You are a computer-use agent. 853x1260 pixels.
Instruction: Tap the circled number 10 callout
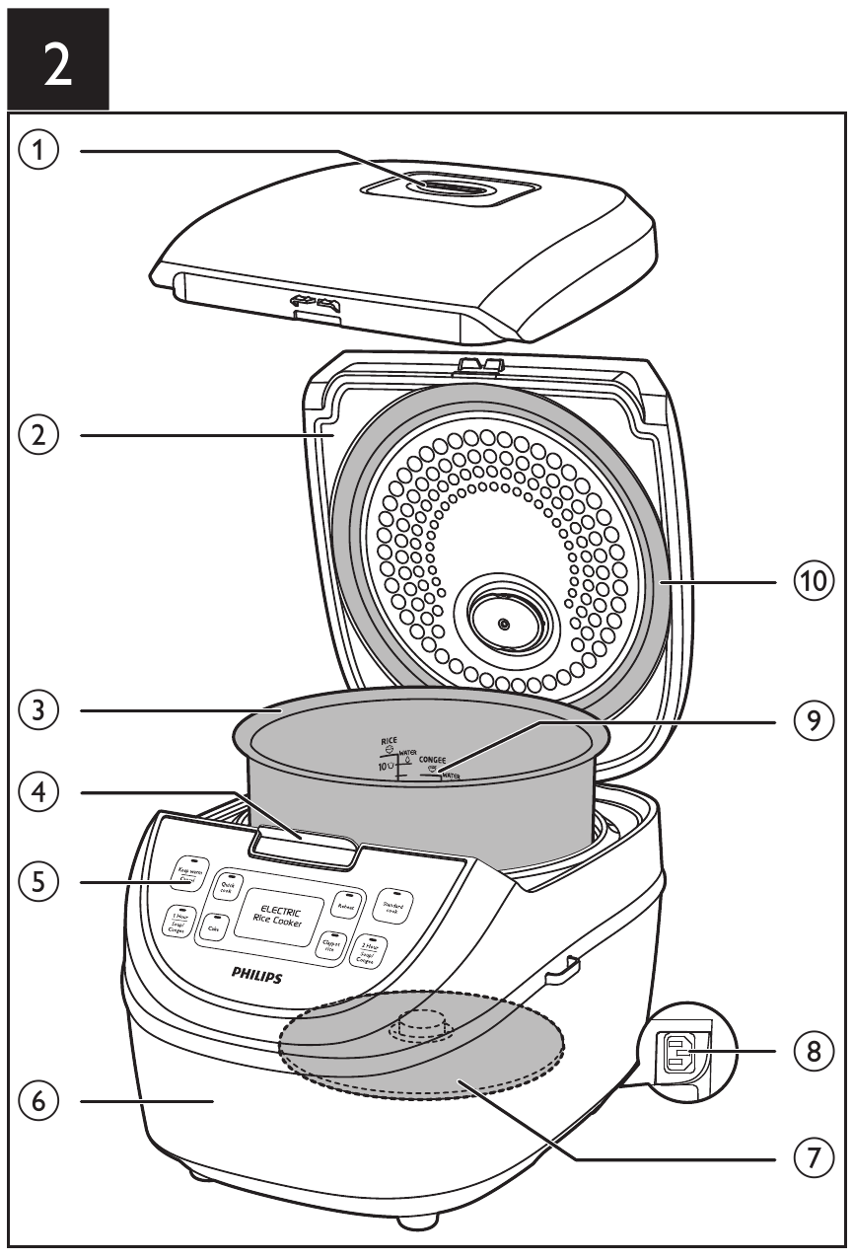[x=815, y=583]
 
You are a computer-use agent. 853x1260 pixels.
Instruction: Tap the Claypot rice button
[x=330, y=945]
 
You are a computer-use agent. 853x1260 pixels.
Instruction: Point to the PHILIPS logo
[x=256, y=975]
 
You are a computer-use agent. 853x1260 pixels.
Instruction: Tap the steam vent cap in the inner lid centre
[x=504, y=625]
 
